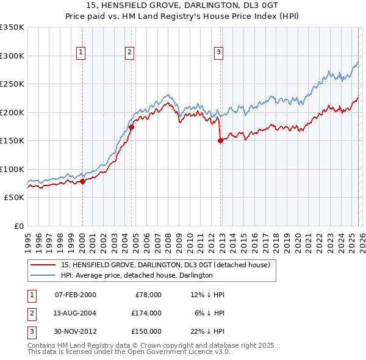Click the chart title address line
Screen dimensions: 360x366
(182, 5)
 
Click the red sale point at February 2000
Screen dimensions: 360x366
(82, 181)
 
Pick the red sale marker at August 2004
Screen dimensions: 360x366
(131, 128)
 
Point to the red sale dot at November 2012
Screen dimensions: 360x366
(220, 140)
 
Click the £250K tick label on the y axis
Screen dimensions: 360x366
(12, 84)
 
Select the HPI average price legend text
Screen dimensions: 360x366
(136, 275)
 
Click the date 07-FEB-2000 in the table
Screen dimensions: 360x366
(75, 295)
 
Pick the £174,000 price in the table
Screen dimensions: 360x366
(146, 312)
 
